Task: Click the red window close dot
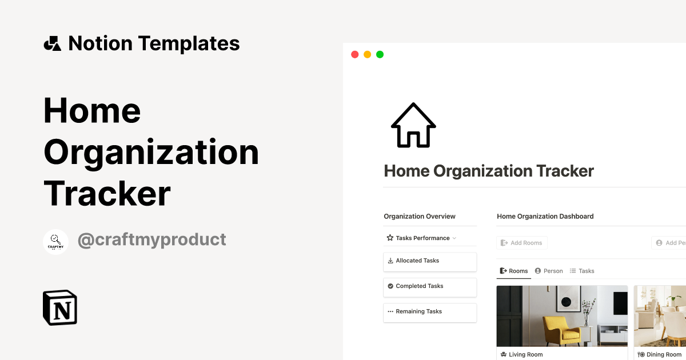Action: [x=354, y=54]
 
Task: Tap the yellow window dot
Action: [x=367, y=54]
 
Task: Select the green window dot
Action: [x=380, y=54]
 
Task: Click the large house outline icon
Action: [x=413, y=126]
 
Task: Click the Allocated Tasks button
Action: [x=429, y=261]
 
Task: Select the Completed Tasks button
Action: [x=429, y=286]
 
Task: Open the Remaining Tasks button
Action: [x=429, y=312]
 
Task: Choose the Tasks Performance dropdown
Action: [x=422, y=238]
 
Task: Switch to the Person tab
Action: [x=549, y=271]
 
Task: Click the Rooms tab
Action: [x=514, y=271]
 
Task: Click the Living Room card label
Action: [x=525, y=355]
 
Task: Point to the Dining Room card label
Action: [x=663, y=355]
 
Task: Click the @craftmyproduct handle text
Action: [x=151, y=239]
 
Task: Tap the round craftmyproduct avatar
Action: [x=55, y=242]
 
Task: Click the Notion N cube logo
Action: [x=60, y=308]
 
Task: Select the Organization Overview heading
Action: [x=420, y=217]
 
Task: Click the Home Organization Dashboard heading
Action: [x=545, y=217]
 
